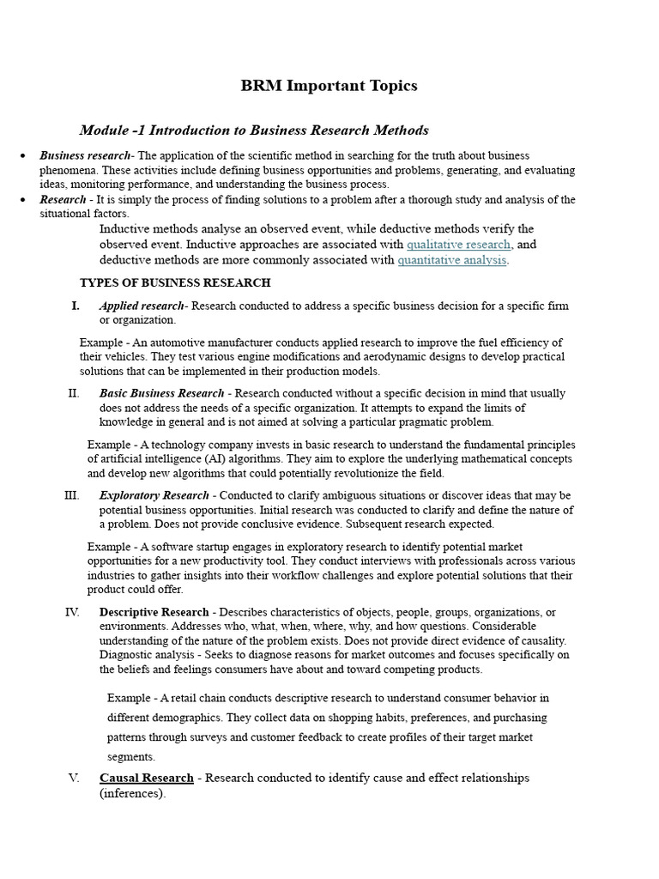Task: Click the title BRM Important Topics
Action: tap(329, 86)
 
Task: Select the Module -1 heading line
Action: tap(254, 130)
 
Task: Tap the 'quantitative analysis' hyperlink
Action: tap(452, 260)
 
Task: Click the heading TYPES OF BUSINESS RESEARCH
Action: tap(175, 282)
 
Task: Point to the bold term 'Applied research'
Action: tap(142, 306)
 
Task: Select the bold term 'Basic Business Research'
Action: tap(161, 393)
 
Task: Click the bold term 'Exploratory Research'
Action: tap(154, 495)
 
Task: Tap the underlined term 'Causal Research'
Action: tap(147, 778)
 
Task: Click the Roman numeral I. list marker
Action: tap(76, 306)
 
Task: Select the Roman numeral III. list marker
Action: tap(71, 495)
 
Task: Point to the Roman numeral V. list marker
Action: tap(74, 778)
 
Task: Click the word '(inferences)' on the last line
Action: tap(131, 794)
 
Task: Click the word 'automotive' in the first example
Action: tap(169, 343)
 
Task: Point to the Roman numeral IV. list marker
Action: tap(72, 612)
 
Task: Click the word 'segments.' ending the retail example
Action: tap(131, 757)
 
